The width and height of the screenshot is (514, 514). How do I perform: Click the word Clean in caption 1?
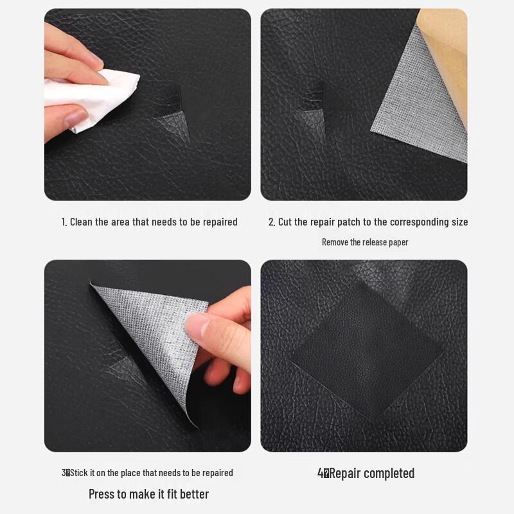coord(81,222)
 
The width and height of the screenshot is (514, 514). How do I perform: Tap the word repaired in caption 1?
coord(219,222)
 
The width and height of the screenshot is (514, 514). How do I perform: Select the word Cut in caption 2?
coord(285,222)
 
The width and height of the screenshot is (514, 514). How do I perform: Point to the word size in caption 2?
coord(459,222)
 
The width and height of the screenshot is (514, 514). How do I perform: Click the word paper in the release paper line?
coord(398,242)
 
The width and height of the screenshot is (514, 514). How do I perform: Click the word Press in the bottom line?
coord(102,494)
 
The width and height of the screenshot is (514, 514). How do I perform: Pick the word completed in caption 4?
coord(389,474)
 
